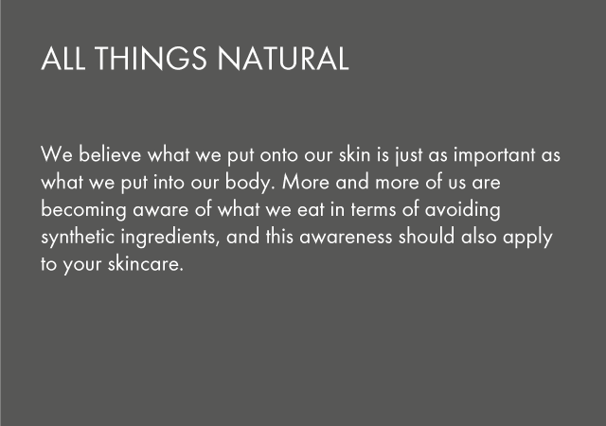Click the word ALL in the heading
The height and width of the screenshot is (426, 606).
[63, 59]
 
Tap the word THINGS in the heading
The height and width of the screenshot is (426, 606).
[151, 59]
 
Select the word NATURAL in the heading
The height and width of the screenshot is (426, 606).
[283, 59]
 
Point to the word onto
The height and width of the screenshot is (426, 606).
[278, 155]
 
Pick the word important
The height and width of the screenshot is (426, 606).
[494, 155]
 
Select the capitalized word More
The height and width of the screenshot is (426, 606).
[306, 182]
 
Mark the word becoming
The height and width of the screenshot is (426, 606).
[83, 210]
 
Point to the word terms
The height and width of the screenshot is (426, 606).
[373, 210]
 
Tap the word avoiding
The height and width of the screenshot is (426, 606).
[463, 210]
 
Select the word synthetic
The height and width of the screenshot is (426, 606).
[78, 238]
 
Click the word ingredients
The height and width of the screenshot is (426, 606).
[170, 238]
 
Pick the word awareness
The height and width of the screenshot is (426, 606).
[346, 238]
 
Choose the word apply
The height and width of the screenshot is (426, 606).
[527, 238]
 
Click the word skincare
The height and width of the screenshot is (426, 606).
[145, 264]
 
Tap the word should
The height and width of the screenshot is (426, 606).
[426, 237]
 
